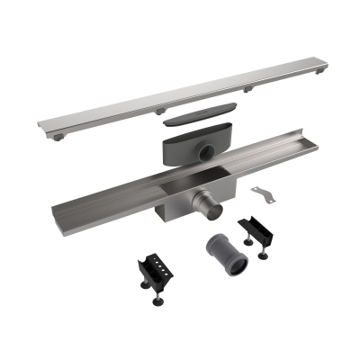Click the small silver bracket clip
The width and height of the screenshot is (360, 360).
264,193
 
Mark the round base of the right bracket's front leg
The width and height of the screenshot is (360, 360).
264,256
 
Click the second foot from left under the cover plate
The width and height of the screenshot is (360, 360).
160,111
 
